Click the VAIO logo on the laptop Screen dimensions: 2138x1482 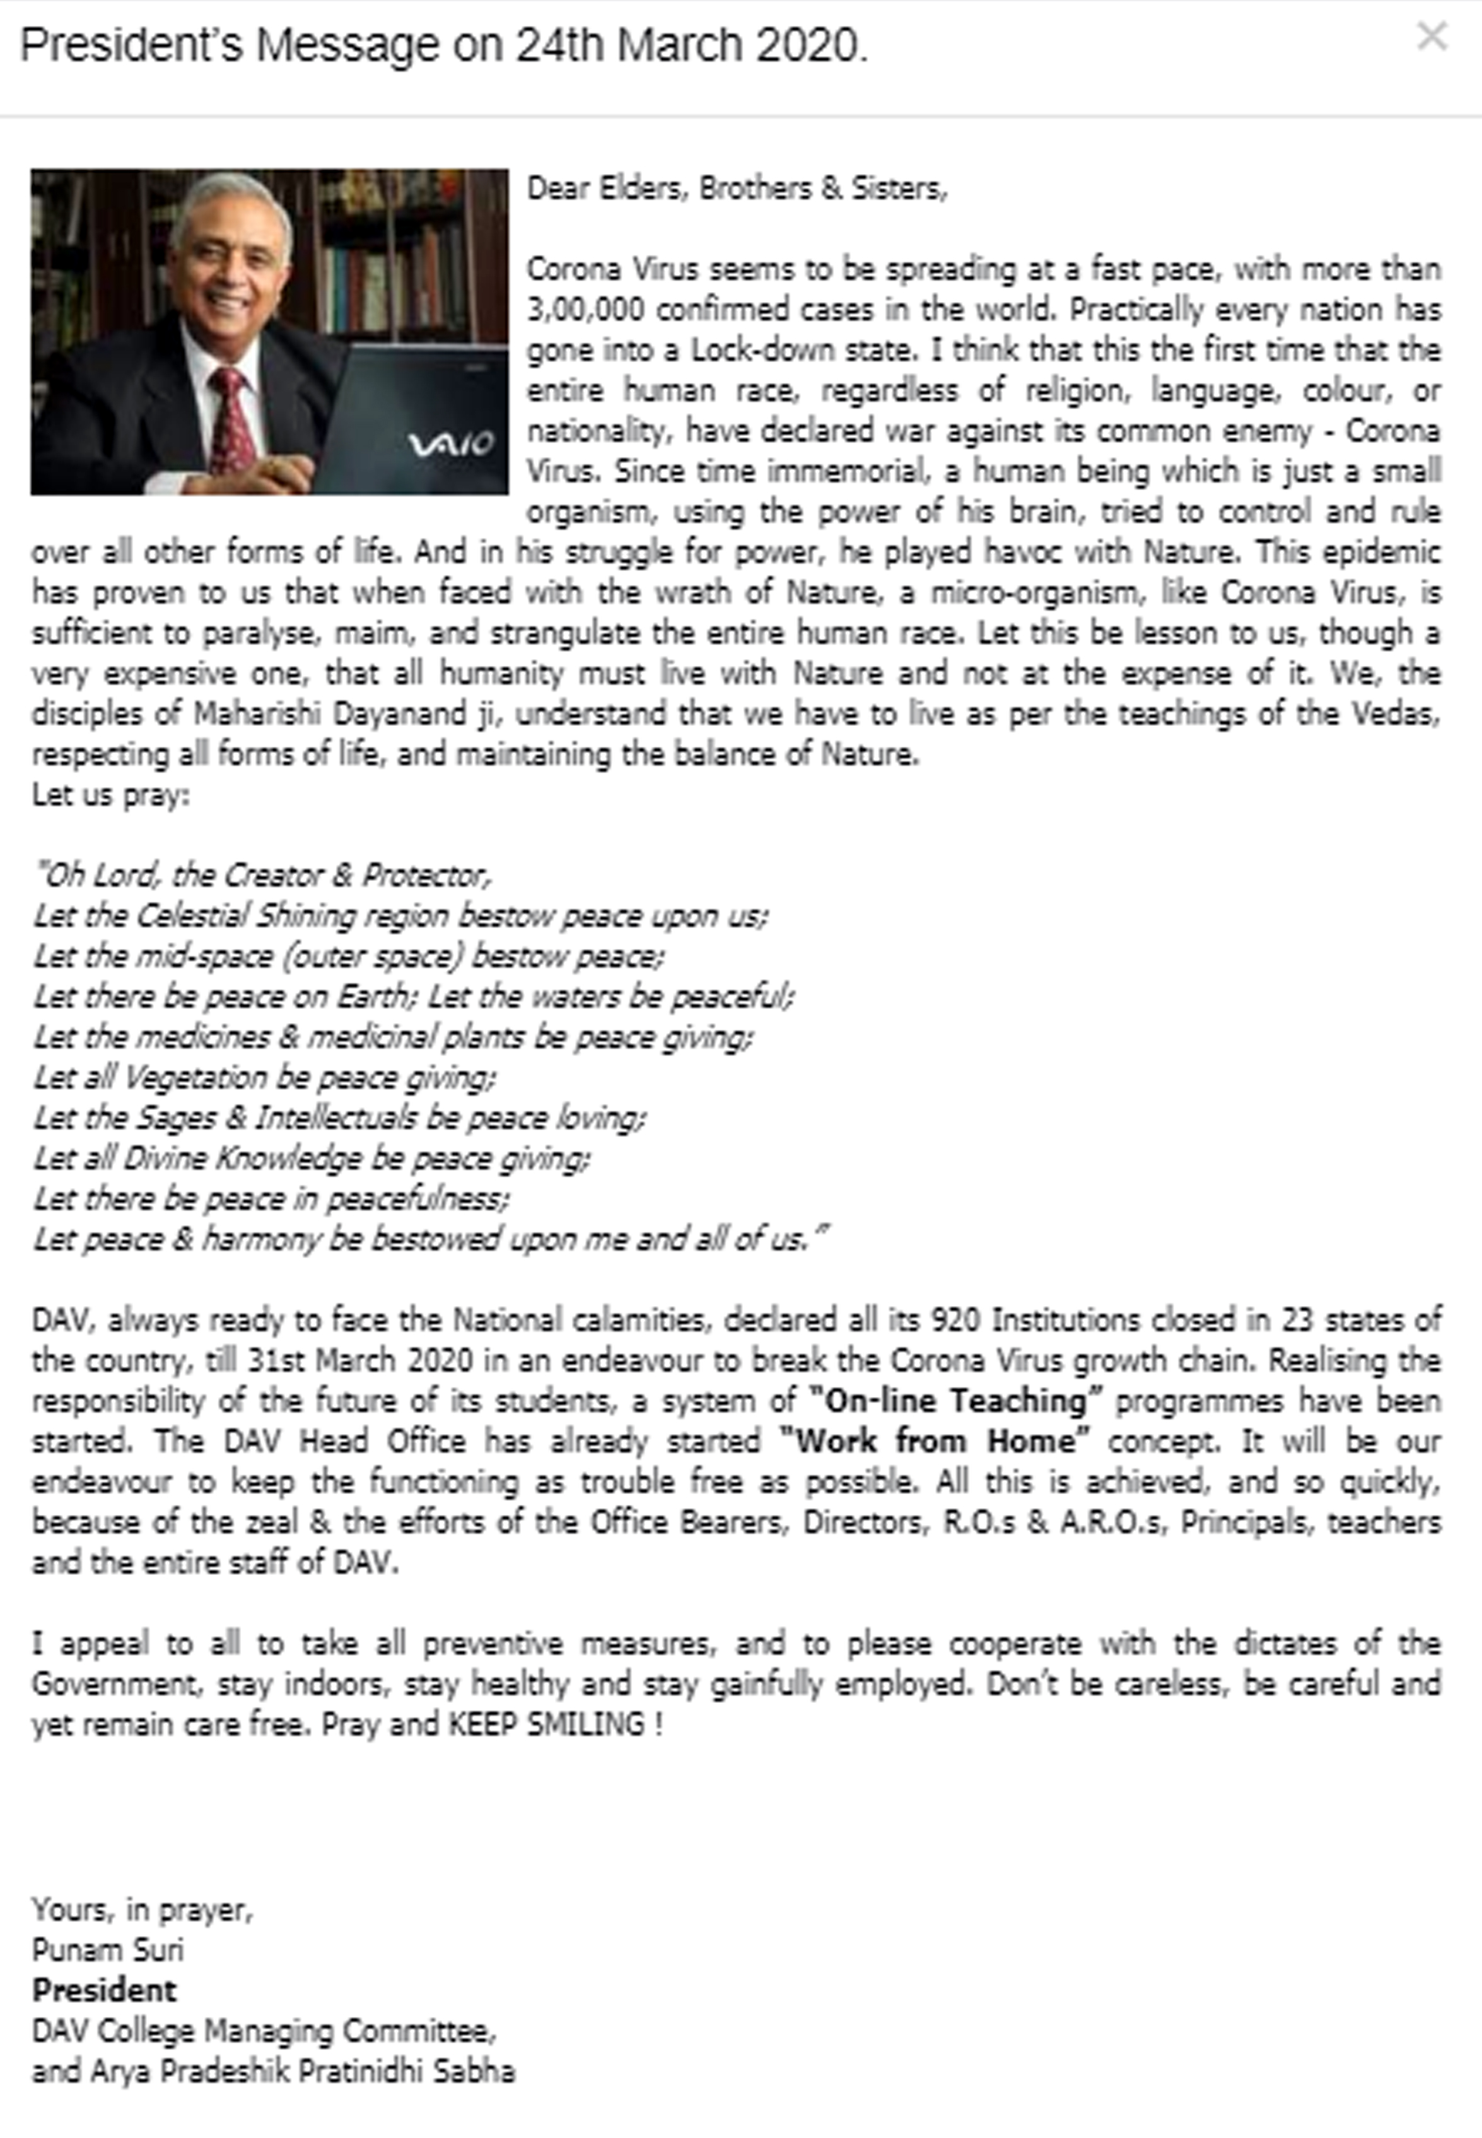pyautogui.click(x=450, y=445)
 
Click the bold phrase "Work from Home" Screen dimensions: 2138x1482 pyautogui.click(x=934, y=1441)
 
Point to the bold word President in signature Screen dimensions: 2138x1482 pyautogui.click(x=104, y=1989)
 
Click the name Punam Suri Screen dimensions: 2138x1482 pyautogui.click(x=108, y=1949)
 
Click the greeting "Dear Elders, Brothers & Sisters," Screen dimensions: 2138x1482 pyautogui.click(x=737, y=189)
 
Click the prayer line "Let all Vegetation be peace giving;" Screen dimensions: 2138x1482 pyautogui.click(x=265, y=1077)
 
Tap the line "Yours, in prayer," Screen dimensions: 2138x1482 pyautogui.click(x=142, y=1908)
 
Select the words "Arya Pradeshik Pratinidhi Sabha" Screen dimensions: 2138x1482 pyautogui.click(x=302, y=2071)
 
